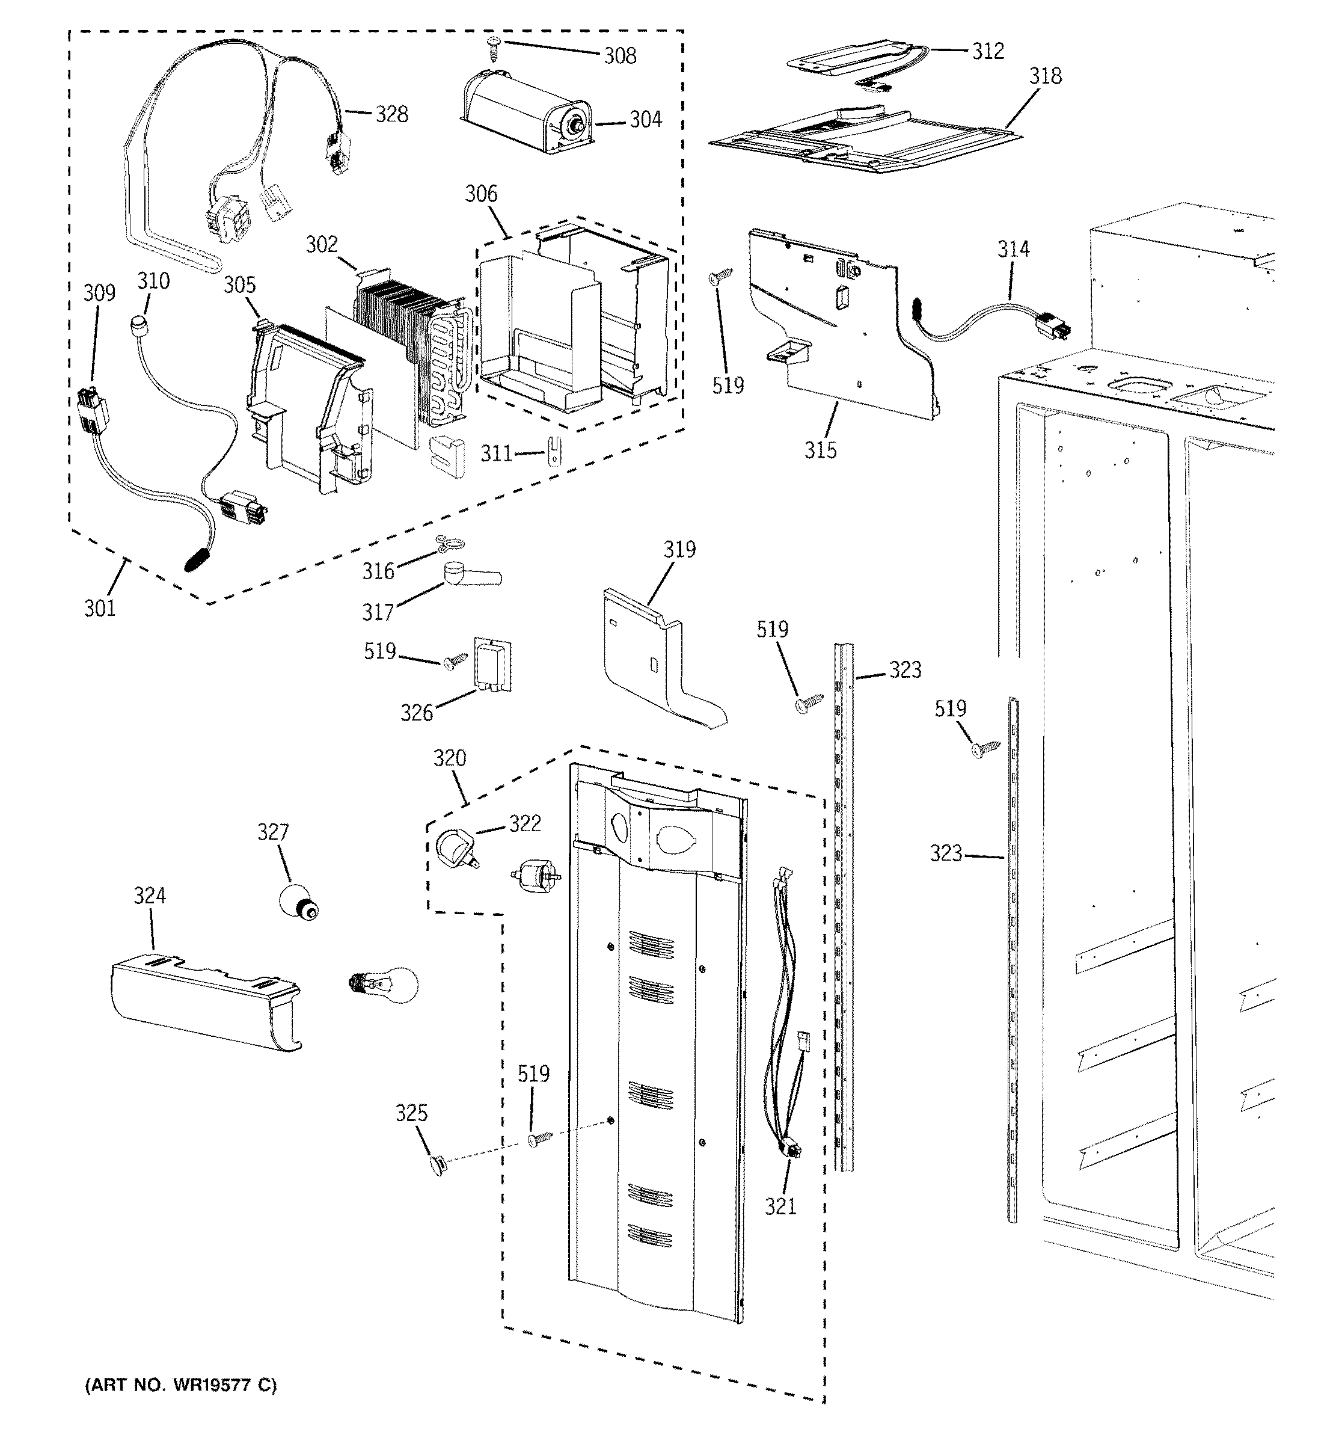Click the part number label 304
click(645, 119)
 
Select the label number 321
click(780, 1205)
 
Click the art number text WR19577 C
click(180, 1385)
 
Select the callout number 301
click(100, 609)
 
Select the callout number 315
click(820, 450)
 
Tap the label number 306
click(481, 194)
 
